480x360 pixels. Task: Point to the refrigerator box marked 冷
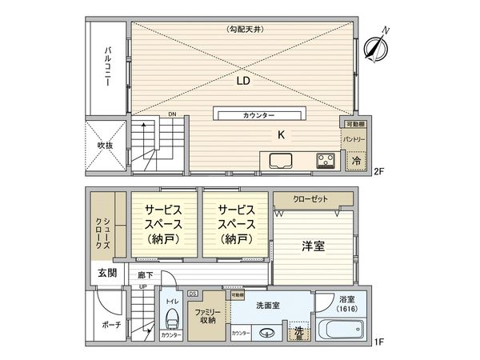pyautogui.click(x=354, y=160)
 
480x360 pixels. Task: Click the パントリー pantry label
pyautogui.click(x=354, y=139)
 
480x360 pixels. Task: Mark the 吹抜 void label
pyautogui.click(x=106, y=146)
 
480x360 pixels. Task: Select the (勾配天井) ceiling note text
pyautogui.click(x=243, y=30)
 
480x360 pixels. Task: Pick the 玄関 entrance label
pyautogui.click(x=106, y=273)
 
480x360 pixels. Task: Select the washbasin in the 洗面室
pyautogui.click(x=270, y=334)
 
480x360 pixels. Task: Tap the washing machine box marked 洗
pyautogui.click(x=298, y=333)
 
